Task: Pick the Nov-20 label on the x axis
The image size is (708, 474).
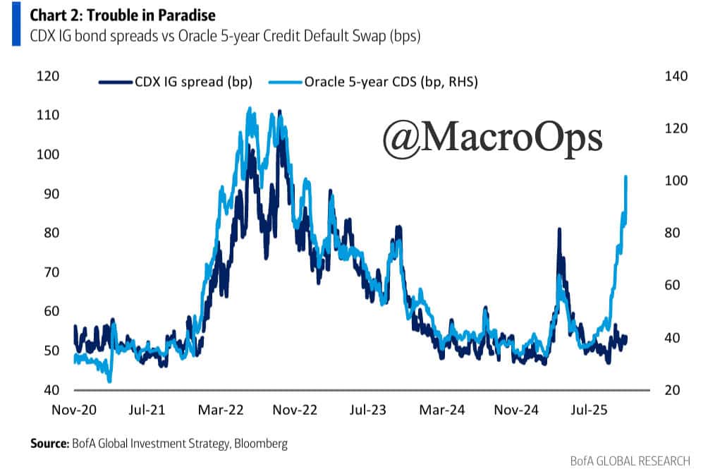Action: pyautogui.click(x=73, y=409)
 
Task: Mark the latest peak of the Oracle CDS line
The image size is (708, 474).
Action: pyautogui.click(x=626, y=176)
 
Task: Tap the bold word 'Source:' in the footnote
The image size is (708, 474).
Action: pyautogui.click(x=49, y=444)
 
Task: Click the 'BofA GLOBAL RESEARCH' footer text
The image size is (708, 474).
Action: pyautogui.click(x=630, y=461)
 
